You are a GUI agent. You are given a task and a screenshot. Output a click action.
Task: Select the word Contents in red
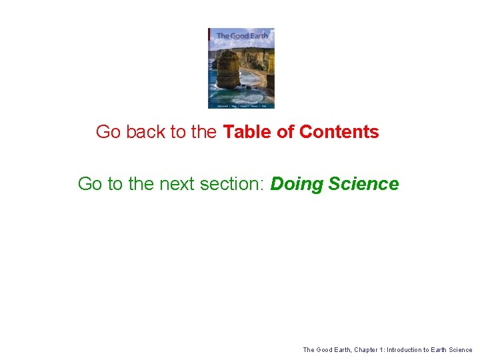click(339, 132)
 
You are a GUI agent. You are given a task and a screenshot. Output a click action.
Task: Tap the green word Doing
click(295, 184)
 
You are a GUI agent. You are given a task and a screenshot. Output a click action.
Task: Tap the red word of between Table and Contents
click(285, 132)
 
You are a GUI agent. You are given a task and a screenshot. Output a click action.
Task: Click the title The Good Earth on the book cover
click(241, 35)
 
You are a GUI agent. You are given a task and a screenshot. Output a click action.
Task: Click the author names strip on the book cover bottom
click(241, 105)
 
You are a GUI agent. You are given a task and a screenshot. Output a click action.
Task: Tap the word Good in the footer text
click(324, 349)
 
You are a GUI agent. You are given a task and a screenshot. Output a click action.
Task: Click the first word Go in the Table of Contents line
click(108, 132)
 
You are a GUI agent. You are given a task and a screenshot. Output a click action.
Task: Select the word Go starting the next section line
click(89, 184)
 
